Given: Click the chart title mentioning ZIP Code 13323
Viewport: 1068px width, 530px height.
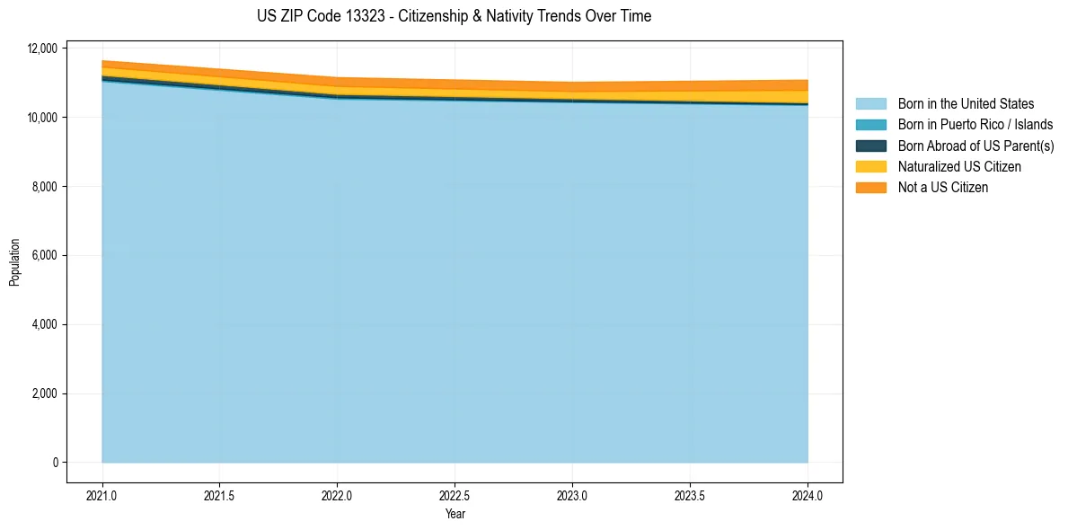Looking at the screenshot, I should [x=454, y=17].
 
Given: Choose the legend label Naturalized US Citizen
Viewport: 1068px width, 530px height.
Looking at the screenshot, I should [x=959, y=166].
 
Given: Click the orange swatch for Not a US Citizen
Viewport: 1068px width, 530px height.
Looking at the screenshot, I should [x=870, y=187].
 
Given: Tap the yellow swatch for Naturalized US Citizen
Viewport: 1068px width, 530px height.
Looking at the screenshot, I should [x=870, y=166].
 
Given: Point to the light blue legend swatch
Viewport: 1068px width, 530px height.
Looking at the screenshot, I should [x=870, y=104].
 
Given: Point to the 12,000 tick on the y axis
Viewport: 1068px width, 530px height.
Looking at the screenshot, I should [x=43, y=49].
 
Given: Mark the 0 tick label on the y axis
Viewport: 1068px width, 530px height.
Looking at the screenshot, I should [x=55, y=463].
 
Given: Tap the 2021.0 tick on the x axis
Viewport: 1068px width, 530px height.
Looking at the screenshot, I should [x=102, y=495].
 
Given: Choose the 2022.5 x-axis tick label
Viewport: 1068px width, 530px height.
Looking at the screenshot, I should [x=455, y=495].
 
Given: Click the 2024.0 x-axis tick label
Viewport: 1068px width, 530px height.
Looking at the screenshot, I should [x=808, y=495].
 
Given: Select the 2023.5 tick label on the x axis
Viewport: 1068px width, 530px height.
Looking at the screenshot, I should [x=690, y=495].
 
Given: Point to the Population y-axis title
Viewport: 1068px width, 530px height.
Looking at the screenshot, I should [x=14, y=262].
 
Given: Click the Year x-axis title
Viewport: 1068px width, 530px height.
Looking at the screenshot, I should [x=455, y=514].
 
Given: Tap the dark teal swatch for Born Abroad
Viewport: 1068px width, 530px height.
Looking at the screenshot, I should [x=870, y=146].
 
